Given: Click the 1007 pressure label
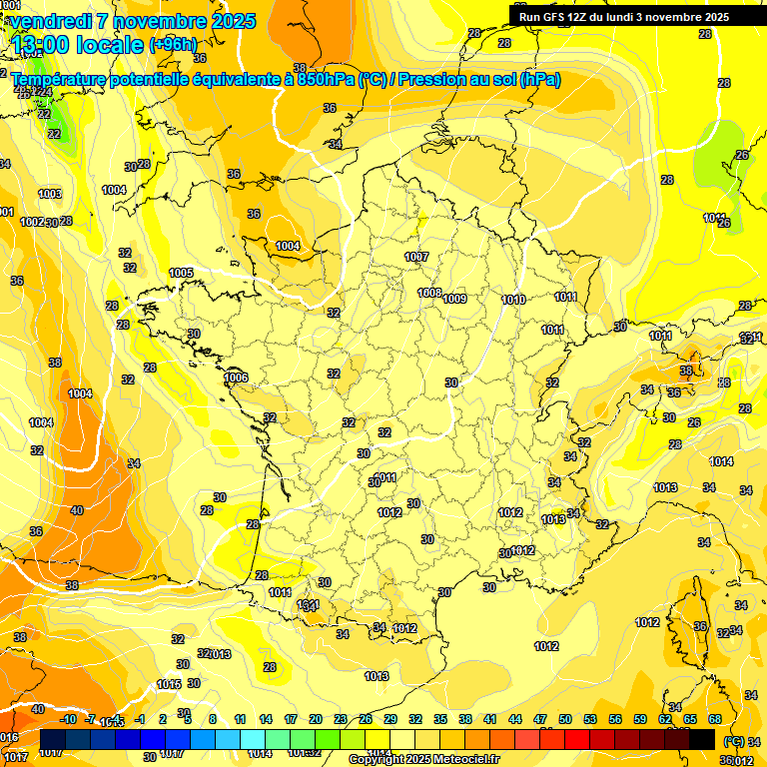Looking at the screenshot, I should pos(416,257).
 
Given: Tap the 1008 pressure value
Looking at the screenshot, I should pos(429,293).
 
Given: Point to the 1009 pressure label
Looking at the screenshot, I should pos(454,299).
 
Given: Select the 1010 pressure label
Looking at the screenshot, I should pos(513,300).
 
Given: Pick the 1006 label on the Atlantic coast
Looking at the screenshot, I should pos(236,378).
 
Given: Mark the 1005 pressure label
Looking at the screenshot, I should pos(181,273).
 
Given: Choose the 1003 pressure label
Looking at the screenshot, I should pos(50,194).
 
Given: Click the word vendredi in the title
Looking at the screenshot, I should pos(53,21).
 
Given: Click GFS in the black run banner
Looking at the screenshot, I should pos(556,17).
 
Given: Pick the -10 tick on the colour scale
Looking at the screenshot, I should pos(68,719).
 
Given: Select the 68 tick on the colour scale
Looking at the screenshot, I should pos(715,719).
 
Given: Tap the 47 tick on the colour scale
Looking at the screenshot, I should pos(540,719).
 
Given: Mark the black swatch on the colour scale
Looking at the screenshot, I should pos(702,739).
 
